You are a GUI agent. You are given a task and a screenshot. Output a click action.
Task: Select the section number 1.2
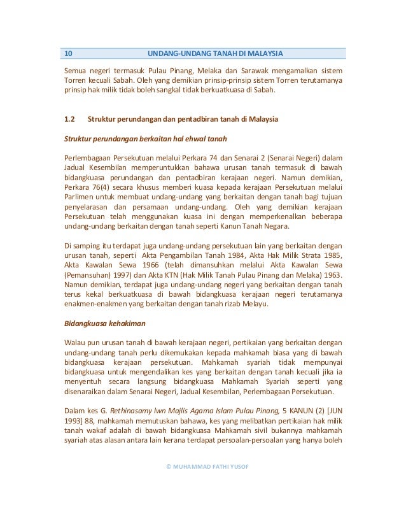click(x=70, y=119)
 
